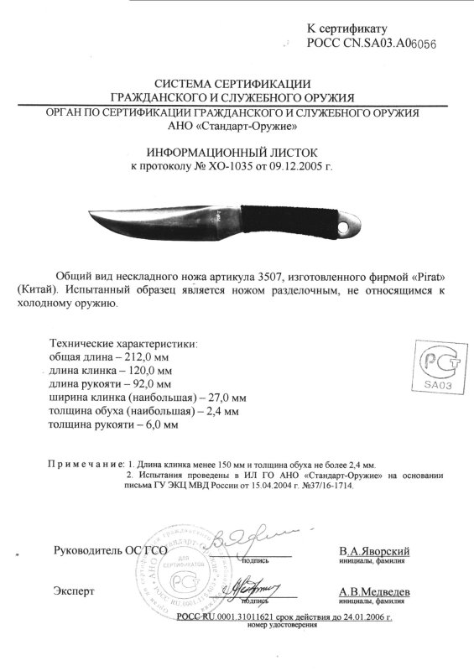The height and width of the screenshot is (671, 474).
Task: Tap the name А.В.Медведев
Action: pos(374,591)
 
